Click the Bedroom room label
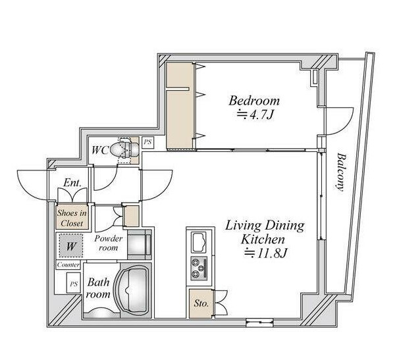coord(254,101)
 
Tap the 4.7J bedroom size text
coord(255,115)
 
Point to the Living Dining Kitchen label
coord(265,232)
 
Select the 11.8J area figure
coord(266,253)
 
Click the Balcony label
coord(340,172)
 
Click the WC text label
coord(100,151)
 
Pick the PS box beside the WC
coord(147,142)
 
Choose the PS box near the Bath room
coord(74,284)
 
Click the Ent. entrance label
coord(72,183)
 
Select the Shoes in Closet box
coord(72,217)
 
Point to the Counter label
coord(68,265)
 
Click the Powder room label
coord(109,243)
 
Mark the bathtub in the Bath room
coord(133,290)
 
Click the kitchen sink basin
coord(199,242)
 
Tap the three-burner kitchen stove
coord(199,269)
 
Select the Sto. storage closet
coord(201,303)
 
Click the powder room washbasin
coord(140,244)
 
